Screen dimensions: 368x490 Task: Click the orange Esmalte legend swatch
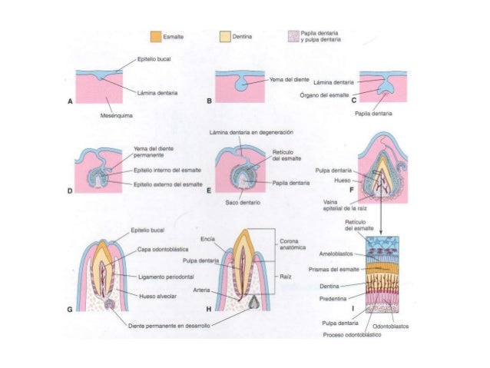[x=156, y=36]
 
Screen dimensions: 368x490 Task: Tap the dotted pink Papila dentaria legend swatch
[x=292, y=36]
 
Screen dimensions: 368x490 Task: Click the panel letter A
[x=71, y=101]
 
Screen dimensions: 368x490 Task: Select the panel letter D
[x=71, y=191]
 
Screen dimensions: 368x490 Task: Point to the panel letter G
[x=70, y=310]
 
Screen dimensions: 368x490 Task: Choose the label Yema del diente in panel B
[x=290, y=80]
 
